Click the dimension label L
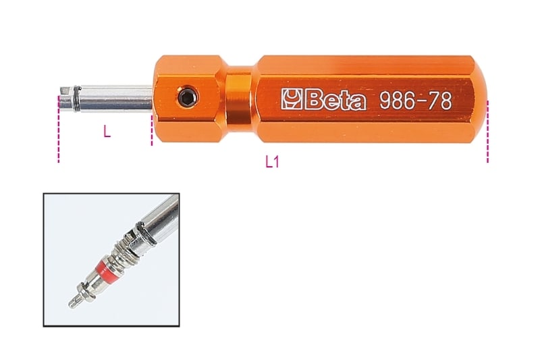click(x=107, y=132)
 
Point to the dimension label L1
click(x=273, y=162)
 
